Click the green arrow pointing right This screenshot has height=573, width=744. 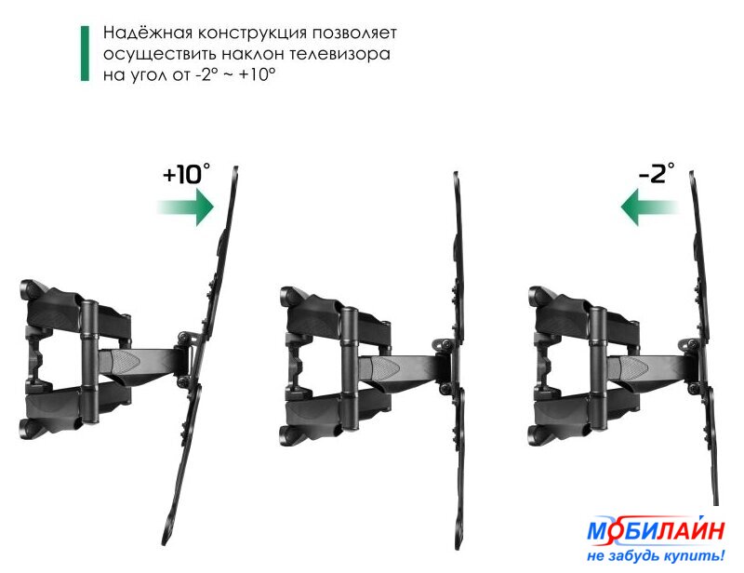point(186,207)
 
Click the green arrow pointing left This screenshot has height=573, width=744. point(649,207)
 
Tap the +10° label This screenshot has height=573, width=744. point(186,173)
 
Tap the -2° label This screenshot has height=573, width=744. point(657,173)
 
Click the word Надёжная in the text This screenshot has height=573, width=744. point(148,33)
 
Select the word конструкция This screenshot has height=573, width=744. point(252,33)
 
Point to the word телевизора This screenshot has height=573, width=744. point(340,54)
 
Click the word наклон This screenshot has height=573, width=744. point(253,54)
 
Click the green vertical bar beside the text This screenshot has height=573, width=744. point(85,53)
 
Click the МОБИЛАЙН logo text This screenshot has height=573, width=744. point(656,529)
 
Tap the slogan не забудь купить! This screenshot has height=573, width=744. point(656,555)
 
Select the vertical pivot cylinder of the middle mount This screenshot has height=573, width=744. point(350,369)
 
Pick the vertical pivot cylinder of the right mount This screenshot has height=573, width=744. point(598,369)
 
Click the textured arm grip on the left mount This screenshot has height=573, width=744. point(126,363)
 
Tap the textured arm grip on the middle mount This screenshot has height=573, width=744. point(384,369)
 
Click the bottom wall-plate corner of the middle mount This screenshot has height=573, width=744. point(290,435)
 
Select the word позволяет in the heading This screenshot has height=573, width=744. point(354,33)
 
